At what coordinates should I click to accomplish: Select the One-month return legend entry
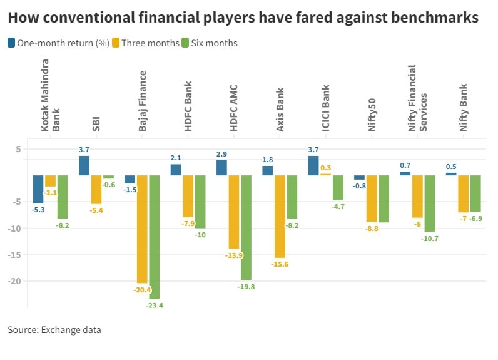[59, 43]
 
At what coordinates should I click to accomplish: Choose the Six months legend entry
[213, 43]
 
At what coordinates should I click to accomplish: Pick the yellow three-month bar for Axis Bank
[280, 217]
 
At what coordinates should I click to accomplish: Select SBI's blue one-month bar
[84, 165]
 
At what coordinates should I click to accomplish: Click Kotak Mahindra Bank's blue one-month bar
[38, 189]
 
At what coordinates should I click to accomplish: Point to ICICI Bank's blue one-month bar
[313, 165]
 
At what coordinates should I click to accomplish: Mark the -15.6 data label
[280, 264]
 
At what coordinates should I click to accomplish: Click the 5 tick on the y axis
[19, 149]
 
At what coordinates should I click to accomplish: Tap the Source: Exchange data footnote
[54, 329]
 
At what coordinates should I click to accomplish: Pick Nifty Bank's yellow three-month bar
[463, 193]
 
